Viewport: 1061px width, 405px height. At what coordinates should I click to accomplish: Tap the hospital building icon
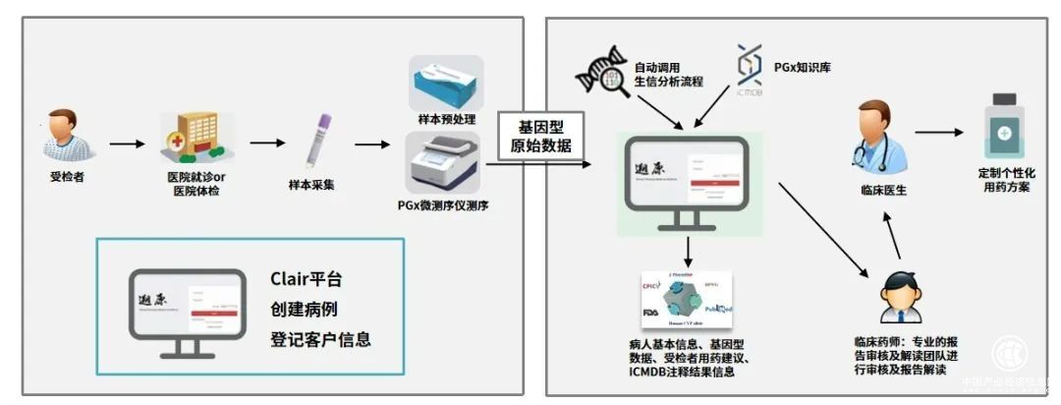(190, 138)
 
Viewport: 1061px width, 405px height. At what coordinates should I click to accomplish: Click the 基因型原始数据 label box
(539, 136)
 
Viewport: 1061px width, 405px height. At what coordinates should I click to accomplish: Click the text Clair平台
(307, 279)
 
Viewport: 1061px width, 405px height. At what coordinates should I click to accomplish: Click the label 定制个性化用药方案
(1006, 179)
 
